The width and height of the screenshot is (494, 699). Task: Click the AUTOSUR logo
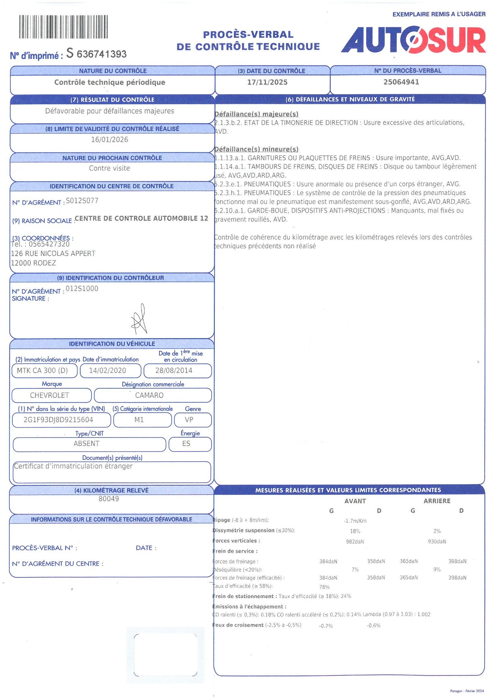pos(413,40)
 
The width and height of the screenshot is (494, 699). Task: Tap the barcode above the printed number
pos(63,27)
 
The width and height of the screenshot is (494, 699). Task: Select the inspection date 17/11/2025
pos(267,82)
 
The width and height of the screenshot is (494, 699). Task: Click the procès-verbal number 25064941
pos(401,82)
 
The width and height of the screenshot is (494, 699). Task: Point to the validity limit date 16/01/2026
pos(109,139)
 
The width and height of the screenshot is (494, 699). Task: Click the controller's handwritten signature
pos(139,320)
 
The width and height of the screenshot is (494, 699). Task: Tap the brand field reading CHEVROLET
pos(49,395)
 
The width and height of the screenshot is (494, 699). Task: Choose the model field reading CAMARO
pos(149,395)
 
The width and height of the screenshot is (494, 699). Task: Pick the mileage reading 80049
pos(109,499)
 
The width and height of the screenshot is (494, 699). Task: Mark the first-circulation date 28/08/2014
pos(174,371)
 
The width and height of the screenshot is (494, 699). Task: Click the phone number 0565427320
pos(49,244)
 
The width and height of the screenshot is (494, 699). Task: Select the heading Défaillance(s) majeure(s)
pos(256,114)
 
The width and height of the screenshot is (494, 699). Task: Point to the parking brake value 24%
pos(346,596)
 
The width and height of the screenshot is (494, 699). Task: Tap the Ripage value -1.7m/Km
pos(355,521)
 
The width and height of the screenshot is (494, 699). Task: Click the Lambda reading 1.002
pos(424,614)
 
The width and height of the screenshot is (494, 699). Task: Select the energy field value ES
pos(186,443)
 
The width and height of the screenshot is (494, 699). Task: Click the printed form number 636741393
pos(102,54)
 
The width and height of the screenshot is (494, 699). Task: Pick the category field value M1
pos(139,420)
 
